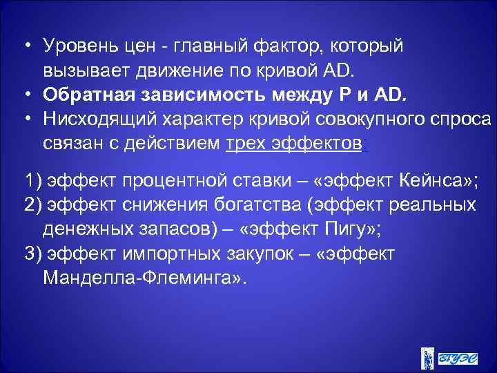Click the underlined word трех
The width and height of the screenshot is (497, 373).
click(246, 142)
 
